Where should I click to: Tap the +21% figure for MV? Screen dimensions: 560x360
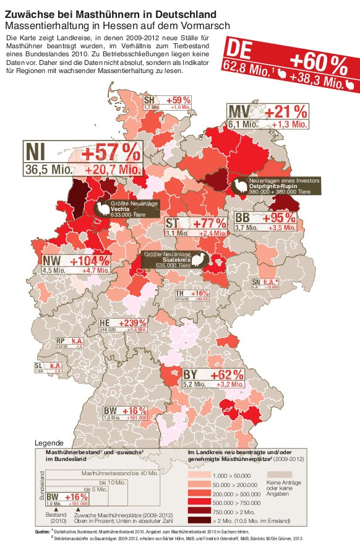tap(283, 111)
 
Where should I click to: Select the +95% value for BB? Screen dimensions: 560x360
tap(278, 218)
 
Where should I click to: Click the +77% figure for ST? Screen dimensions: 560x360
tap(210, 223)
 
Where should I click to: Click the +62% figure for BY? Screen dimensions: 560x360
tap(226, 375)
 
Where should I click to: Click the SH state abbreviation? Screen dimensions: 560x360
tap(149, 100)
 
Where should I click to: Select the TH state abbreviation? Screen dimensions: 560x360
tap(181, 293)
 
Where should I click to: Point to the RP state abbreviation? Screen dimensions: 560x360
tap(61, 341)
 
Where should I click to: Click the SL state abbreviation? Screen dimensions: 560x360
tap(38, 366)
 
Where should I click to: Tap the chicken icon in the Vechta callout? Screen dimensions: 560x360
tap(101, 209)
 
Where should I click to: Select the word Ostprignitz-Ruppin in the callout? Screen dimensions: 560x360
tap(275, 187)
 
